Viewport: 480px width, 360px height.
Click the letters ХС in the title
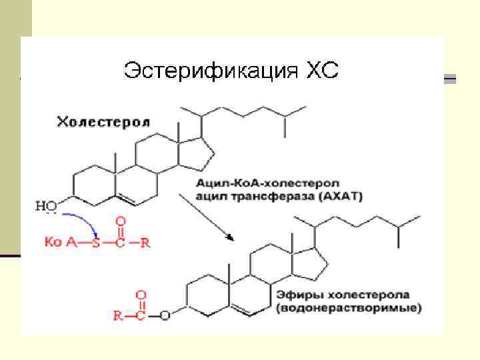322,70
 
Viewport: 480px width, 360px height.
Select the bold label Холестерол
103,121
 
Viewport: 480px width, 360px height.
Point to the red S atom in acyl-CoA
97,242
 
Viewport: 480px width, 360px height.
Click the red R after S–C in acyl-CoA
146,242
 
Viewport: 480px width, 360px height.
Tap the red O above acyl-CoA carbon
121,220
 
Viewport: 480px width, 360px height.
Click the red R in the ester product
117,316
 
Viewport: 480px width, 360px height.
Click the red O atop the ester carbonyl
141,293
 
